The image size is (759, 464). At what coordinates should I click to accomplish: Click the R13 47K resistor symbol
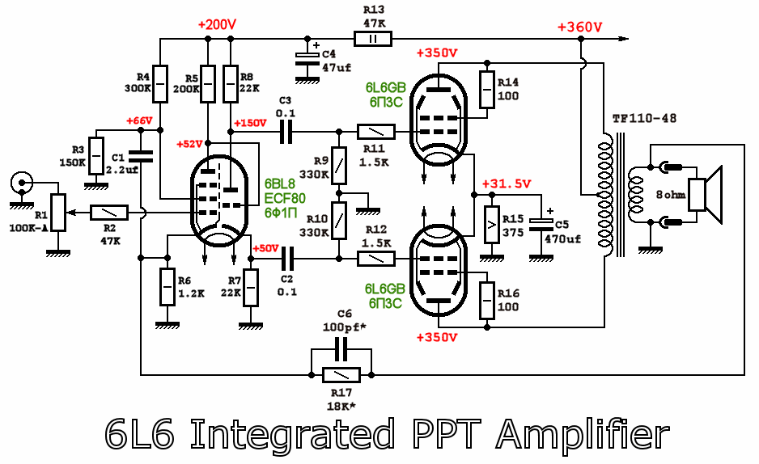pos(373,38)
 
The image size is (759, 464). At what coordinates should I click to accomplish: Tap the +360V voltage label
pos(579,27)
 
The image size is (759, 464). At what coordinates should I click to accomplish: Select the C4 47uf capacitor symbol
pos(307,57)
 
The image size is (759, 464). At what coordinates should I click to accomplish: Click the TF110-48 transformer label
pos(644,118)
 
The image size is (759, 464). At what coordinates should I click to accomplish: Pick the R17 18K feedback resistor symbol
pos(341,375)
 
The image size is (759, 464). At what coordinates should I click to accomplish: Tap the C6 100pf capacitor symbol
pos(341,349)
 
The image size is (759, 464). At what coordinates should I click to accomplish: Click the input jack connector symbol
pos(20,183)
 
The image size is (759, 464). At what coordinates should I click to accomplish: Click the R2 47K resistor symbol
pos(108,213)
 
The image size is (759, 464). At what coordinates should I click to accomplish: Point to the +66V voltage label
pos(139,121)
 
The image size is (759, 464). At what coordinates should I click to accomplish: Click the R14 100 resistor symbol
pos(486,89)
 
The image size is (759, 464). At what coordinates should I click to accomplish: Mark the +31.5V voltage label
pos(506,183)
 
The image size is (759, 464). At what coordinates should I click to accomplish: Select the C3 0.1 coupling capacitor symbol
pos(284,131)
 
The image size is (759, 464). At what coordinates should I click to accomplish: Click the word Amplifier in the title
pos(582,434)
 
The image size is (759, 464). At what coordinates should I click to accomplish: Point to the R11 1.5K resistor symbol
pos(375,131)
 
